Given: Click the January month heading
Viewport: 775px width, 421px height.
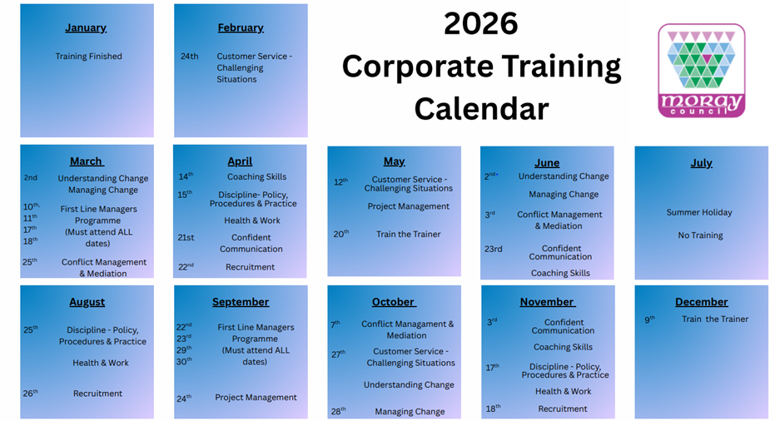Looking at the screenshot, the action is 86,27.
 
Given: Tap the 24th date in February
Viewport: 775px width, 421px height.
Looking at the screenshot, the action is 189,57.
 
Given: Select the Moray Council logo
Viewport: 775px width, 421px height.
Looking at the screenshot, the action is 702,71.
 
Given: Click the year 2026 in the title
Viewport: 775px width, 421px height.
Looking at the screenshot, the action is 481,23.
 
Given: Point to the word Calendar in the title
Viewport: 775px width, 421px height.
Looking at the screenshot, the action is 481,109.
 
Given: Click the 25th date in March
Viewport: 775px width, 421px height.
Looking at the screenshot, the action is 30,262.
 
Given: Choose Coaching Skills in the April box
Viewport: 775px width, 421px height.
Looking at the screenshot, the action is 256,176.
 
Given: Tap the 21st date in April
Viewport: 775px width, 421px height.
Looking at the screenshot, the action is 186,238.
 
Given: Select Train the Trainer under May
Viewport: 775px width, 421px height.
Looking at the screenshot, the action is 408,235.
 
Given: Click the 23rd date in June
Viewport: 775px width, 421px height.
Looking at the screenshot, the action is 494,249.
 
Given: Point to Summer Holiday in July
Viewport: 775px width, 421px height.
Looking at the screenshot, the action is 699,212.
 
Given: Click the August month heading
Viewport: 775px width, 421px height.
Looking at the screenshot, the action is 87,302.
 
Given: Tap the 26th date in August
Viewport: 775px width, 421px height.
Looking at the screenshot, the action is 30,394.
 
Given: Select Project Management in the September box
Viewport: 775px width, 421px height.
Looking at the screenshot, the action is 256,397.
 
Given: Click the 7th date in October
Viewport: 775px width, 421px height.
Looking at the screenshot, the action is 335,324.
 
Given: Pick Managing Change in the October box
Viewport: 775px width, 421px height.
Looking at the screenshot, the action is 410,412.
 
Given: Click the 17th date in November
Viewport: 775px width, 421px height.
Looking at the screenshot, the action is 492,368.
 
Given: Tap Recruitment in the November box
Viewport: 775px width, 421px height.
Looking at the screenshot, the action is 563,409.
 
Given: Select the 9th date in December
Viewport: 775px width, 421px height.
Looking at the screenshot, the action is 649,319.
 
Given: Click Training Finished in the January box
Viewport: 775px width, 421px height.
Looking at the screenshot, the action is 88,57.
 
